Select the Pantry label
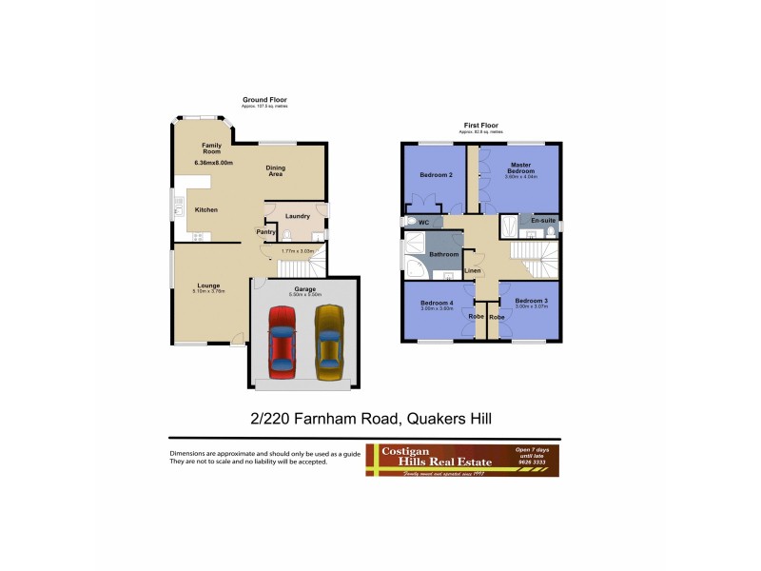[266, 231]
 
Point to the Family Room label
[211, 148]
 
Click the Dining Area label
[275, 171]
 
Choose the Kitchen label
[206, 209]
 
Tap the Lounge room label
[209, 285]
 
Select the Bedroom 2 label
[437, 175]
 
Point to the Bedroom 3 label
[531, 301]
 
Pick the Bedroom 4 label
[437, 302]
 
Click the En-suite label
[542, 221]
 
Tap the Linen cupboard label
[473, 272]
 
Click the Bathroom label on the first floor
[444, 254]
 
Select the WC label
[424, 223]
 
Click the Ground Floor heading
[264, 100]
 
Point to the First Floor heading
[480, 126]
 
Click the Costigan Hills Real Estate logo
[462, 460]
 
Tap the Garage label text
[304, 288]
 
